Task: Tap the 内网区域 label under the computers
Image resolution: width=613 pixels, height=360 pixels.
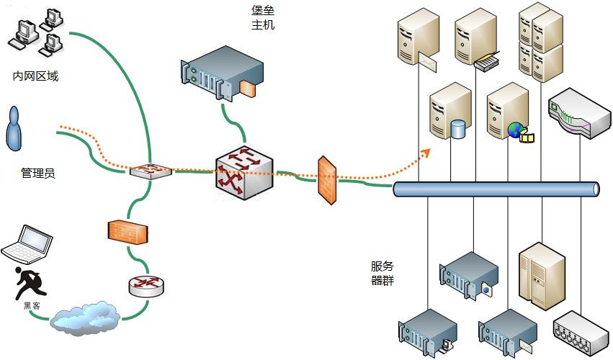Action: [35, 76]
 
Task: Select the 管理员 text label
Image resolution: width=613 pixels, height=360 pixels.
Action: [38, 174]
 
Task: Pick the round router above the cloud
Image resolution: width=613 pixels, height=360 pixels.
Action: [146, 285]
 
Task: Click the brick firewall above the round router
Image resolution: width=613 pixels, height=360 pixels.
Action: [128, 233]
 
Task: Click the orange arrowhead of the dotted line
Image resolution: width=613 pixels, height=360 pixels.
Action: [426, 151]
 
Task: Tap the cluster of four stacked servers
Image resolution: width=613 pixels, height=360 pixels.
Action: [540, 41]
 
